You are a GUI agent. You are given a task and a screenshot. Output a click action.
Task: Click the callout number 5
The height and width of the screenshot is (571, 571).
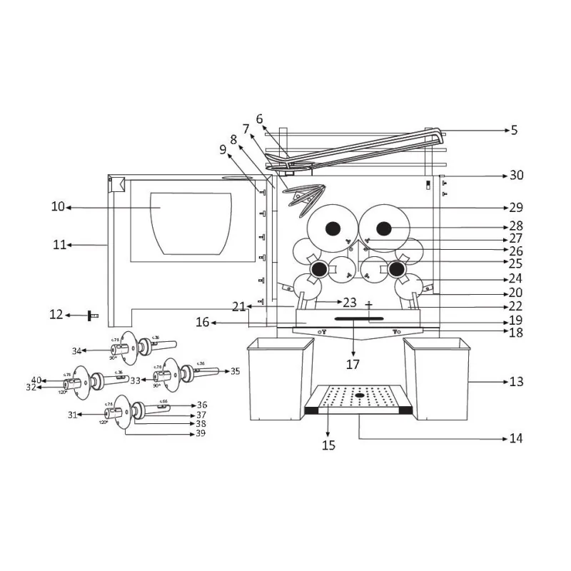coord(514,131)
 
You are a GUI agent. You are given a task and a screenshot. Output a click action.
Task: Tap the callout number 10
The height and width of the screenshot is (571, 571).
coord(58,207)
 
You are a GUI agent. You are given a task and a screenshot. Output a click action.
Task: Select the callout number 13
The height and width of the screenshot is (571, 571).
coord(516,382)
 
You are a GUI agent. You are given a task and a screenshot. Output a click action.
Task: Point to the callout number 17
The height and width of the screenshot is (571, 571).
coord(353,365)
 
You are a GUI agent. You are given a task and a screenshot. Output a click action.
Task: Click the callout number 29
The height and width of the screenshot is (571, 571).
coord(516,208)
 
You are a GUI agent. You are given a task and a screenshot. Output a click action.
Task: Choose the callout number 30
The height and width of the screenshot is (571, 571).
coord(516,176)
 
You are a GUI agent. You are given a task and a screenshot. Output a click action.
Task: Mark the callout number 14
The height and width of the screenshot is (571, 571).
coord(516,438)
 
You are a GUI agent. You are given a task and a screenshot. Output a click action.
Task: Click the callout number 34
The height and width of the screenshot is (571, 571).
coord(76,350)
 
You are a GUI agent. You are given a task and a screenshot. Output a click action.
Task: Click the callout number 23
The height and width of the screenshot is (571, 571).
coord(350,302)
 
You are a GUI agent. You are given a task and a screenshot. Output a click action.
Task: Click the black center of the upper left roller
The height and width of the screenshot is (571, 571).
coord(333,229)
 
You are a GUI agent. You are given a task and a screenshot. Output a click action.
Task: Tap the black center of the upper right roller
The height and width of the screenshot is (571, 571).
coord(385,228)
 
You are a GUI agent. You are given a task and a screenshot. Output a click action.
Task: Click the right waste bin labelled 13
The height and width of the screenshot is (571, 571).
coord(437,378)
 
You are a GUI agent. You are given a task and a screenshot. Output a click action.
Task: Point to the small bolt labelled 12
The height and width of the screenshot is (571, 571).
coord(93,315)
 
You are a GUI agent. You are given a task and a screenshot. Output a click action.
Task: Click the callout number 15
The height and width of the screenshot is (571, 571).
coord(328,445)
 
